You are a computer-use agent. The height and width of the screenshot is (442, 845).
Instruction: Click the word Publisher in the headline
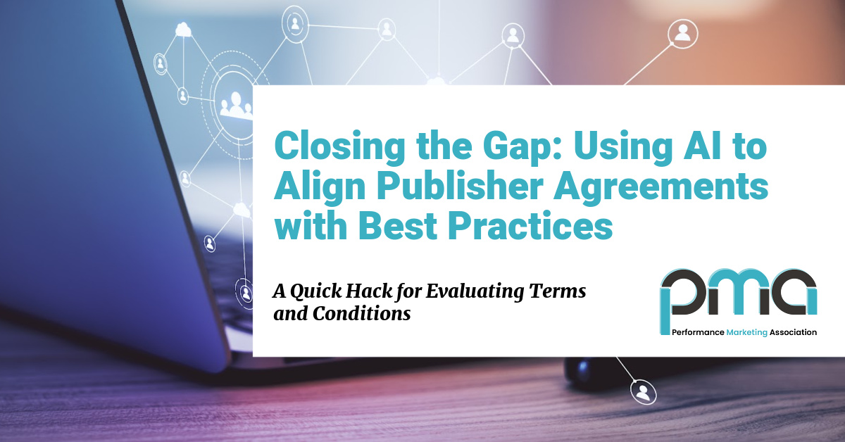460,187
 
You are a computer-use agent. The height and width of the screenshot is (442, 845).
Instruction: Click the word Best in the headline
397,226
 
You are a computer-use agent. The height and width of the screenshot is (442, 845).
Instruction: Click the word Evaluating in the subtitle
475,292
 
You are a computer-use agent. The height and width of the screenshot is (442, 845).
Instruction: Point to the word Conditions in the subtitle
361,313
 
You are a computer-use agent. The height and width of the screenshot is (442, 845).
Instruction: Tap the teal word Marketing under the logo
746,333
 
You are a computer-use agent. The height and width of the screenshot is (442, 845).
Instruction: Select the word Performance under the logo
698,332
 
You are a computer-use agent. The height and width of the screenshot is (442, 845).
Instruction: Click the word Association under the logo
793,332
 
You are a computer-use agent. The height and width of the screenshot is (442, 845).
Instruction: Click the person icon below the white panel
643,393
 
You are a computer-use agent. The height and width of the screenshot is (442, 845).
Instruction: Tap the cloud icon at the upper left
183,30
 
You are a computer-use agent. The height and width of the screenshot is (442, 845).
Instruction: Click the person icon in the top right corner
682,34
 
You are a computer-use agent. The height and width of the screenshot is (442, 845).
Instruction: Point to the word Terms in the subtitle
558,291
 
